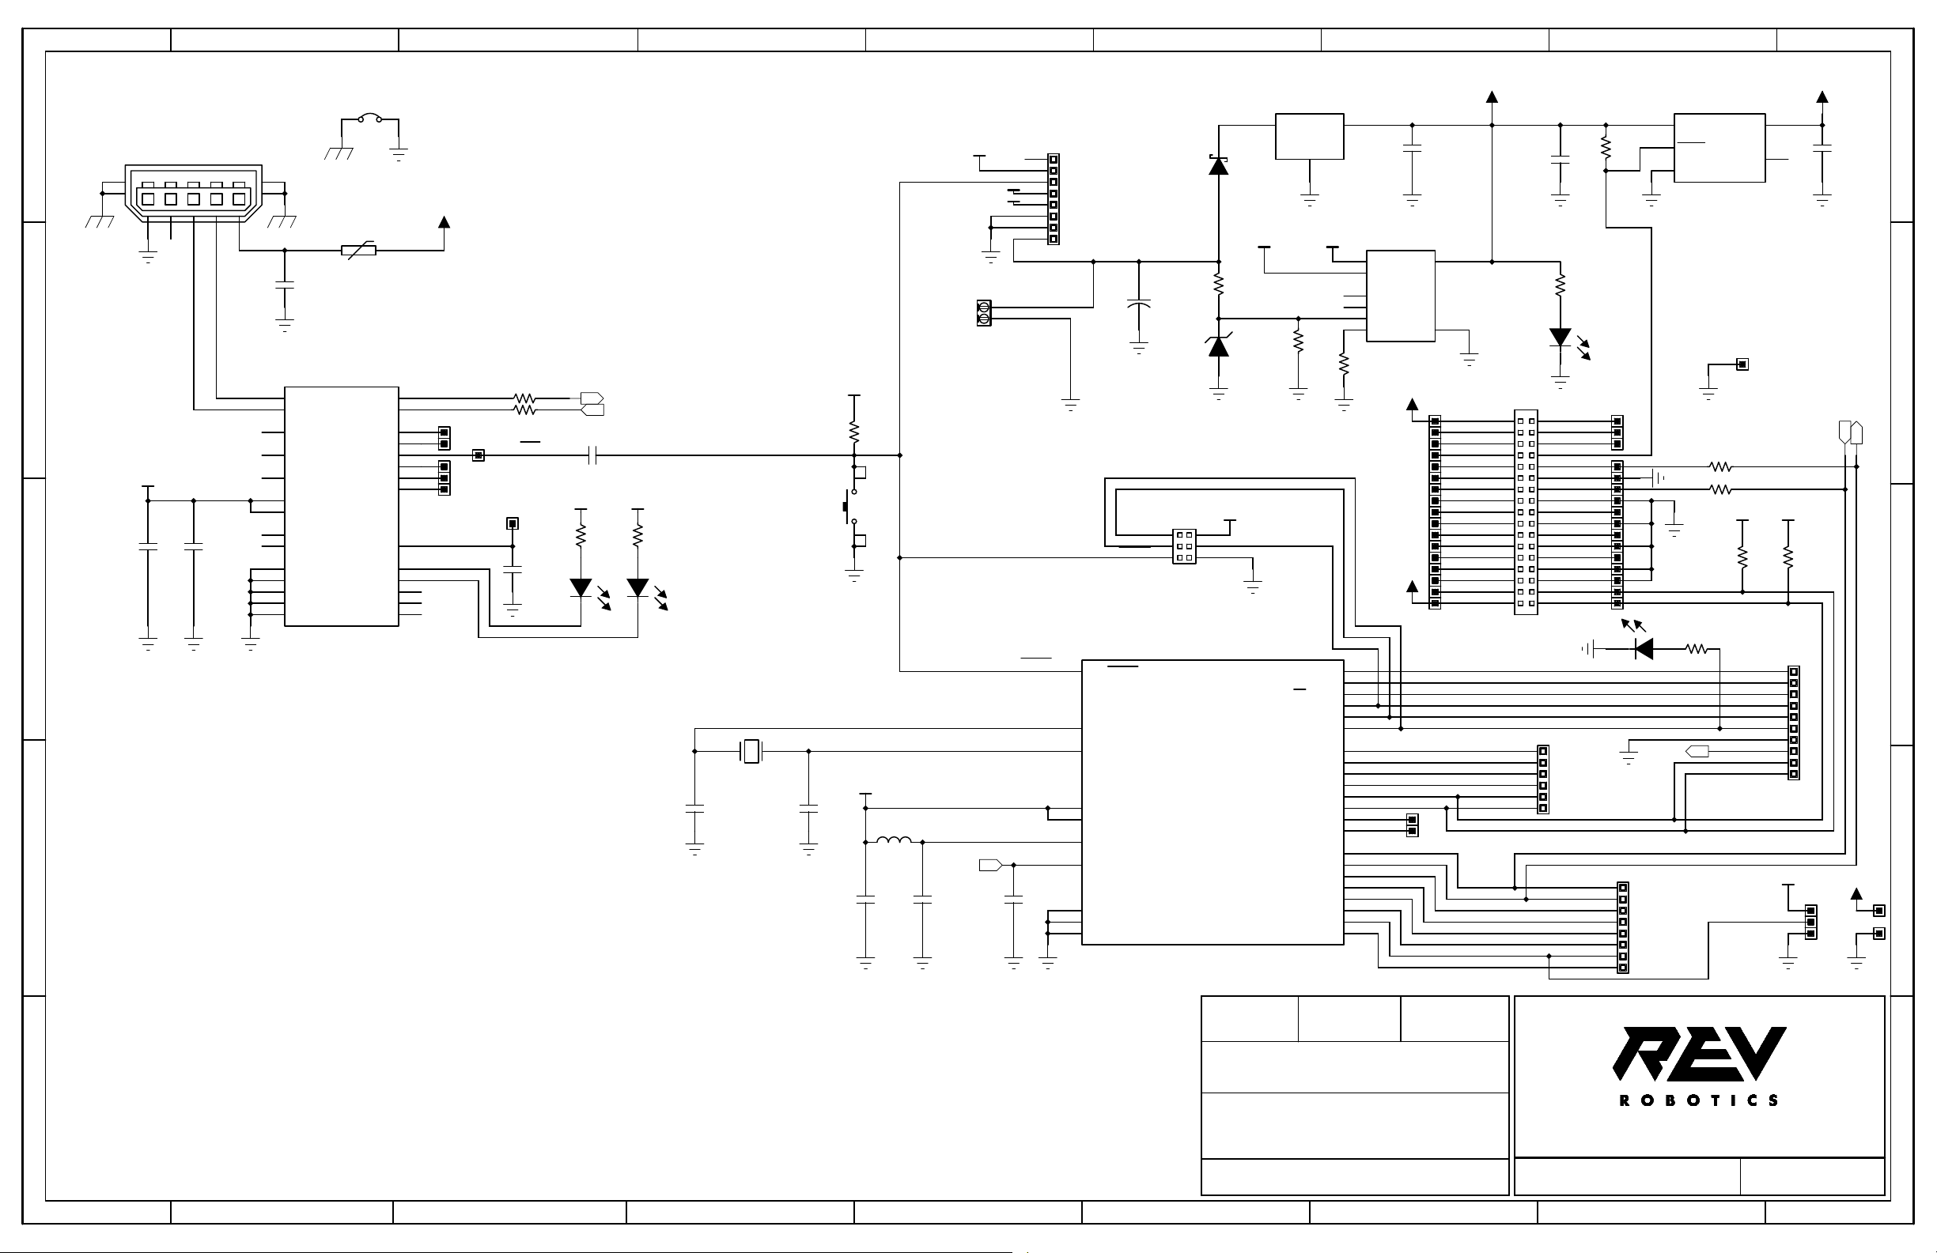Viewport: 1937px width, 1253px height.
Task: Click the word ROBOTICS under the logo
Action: [1700, 1101]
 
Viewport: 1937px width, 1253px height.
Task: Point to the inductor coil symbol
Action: [894, 841]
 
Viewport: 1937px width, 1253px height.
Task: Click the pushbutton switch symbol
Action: [851, 507]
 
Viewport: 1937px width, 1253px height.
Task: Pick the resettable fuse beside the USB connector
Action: [359, 251]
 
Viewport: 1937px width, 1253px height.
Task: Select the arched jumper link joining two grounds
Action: [370, 119]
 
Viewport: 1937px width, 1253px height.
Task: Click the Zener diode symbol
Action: [1218, 345]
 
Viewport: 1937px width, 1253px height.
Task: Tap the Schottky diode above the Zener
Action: [1218, 165]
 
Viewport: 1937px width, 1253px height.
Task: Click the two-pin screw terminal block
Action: [984, 313]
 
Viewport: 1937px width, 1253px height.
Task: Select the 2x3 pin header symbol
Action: [1184, 546]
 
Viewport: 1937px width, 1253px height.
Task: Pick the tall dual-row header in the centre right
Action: [1526, 512]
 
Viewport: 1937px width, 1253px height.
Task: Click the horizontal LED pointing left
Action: [1644, 648]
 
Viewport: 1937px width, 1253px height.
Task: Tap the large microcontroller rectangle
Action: [1213, 802]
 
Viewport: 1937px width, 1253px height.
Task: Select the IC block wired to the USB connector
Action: [342, 506]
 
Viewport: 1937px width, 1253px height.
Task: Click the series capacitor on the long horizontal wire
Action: [593, 455]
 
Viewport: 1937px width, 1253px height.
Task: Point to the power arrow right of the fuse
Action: [445, 221]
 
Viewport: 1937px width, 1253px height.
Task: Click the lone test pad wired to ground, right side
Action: [1742, 364]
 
